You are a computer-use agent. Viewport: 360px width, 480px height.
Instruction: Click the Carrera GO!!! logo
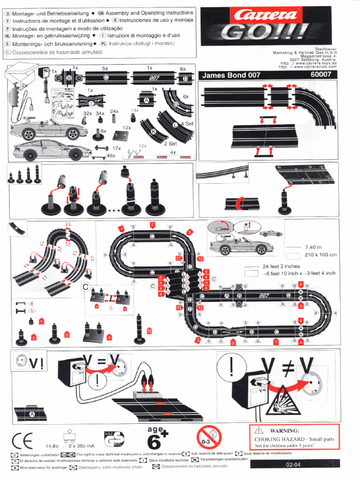[268, 26]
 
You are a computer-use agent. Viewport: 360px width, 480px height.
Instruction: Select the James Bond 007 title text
[231, 75]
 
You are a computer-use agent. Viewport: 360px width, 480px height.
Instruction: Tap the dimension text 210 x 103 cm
[321, 255]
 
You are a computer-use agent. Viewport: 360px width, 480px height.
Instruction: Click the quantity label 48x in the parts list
[111, 156]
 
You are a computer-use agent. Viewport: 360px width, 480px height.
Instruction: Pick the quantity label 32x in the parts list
[87, 113]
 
